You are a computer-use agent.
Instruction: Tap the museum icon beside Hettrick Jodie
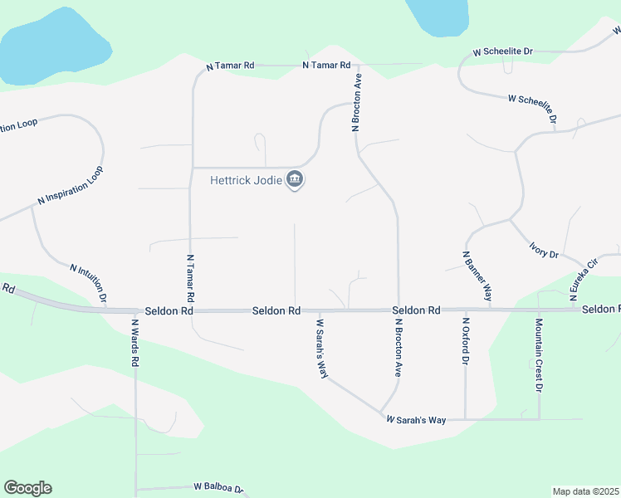(294, 179)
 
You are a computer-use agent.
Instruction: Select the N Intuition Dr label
(89, 282)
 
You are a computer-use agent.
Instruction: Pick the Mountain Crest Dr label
(539, 355)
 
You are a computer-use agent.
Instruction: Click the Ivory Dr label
(544, 250)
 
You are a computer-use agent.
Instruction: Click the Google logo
(27, 488)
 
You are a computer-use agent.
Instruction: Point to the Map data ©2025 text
(585, 491)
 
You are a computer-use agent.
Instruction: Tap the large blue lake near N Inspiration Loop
(50, 48)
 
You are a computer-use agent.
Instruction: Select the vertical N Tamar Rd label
(190, 277)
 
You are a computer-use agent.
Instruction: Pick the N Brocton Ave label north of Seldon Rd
(357, 103)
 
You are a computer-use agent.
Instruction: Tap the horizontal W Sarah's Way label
(416, 421)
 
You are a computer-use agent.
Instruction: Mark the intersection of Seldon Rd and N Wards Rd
(135, 310)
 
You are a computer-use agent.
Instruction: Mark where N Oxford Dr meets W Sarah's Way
(466, 418)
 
